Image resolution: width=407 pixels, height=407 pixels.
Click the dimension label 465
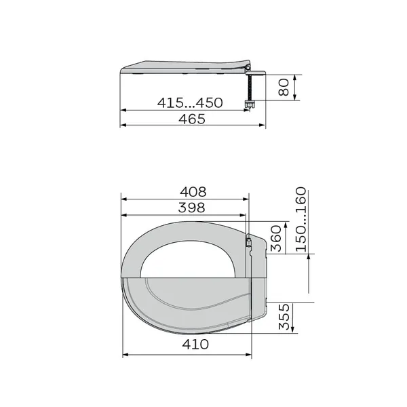click(192, 119)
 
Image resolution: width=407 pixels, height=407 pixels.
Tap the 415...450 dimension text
click(190, 102)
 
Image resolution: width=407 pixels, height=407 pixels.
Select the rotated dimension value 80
click(284, 88)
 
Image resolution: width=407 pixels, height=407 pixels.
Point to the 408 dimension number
click(193, 192)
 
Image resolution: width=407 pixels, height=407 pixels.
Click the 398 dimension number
click(191, 208)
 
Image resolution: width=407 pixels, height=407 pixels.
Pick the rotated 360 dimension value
click(276, 239)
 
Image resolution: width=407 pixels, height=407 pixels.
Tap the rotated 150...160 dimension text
click(301, 220)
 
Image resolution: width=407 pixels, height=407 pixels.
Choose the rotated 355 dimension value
click(284, 317)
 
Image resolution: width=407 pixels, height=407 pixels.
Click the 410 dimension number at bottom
click(195, 344)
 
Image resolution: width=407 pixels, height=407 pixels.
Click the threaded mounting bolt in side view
click(250, 88)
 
